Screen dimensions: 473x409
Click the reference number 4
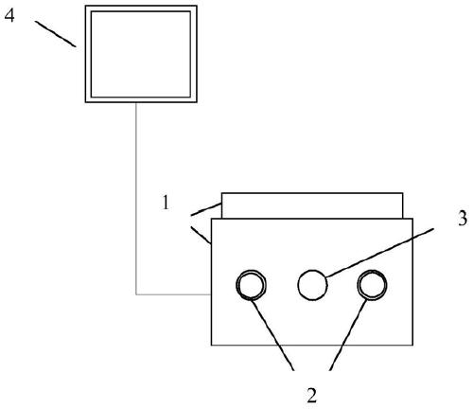pos(9,15)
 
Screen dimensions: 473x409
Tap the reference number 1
pos(166,203)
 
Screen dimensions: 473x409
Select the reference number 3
pos(463,218)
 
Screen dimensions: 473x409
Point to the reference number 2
pos(311,396)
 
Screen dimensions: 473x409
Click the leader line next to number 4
pos(56,34)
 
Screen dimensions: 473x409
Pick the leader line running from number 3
pos(379,253)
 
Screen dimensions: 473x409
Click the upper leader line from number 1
pos(206,209)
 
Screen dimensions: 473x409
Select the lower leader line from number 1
pos(201,235)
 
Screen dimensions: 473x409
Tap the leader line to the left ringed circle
pos(272,334)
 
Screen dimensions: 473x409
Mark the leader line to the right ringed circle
pos(348,334)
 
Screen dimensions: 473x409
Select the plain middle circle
pos(312,270)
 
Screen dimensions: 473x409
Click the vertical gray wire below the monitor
pos(136,199)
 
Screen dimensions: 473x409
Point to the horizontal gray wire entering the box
pos(173,294)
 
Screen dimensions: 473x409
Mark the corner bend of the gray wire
pos(136,294)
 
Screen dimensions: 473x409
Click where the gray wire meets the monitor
pos(136,103)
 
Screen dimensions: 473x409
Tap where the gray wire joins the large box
pos(211,294)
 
